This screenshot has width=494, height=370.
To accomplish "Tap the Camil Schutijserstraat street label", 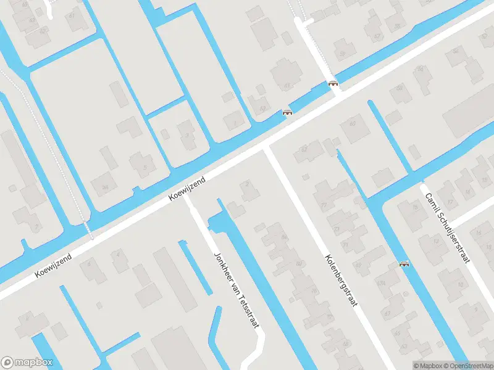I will coord(446,227).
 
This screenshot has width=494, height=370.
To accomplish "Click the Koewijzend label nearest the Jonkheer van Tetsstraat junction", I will coord(187,188).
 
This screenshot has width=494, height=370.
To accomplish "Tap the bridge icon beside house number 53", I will coord(287,112).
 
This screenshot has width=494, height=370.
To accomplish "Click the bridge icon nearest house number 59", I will coord(334,83).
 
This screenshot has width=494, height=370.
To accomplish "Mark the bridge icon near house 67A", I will coord(404,264).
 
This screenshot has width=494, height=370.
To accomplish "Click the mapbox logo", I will coord(27,363).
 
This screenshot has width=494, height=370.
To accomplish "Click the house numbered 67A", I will coord(387,313).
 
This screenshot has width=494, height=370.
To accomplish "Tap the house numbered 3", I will coord(186,135).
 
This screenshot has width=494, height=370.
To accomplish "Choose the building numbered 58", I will coord(422,70).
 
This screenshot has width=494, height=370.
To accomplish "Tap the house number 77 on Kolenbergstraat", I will coord(324,205).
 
